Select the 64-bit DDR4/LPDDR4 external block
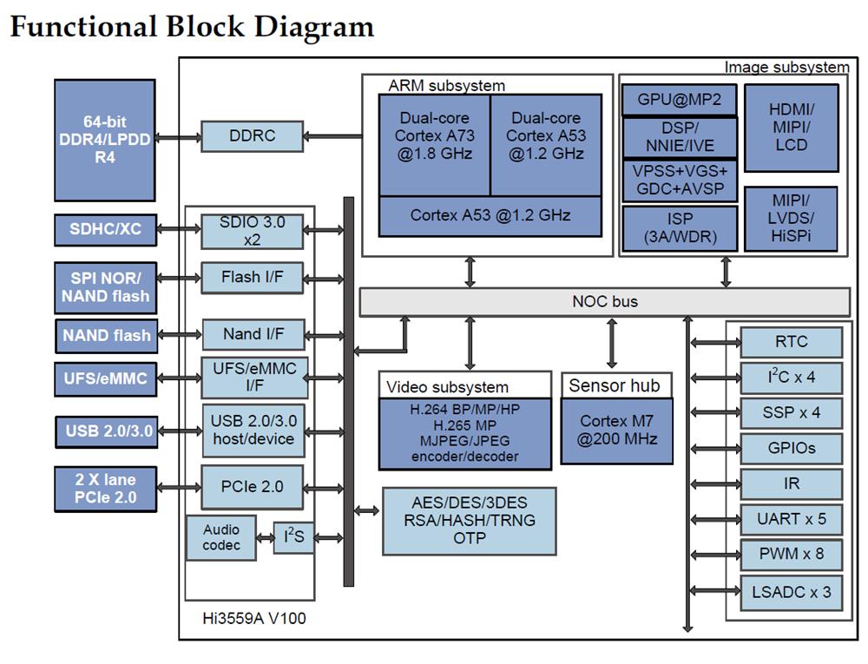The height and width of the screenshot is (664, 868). click(x=104, y=141)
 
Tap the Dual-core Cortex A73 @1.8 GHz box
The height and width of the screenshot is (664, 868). click(x=435, y=136)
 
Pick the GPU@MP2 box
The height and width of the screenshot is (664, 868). click(x=679, y=100)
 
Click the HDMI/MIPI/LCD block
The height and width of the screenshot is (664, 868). click(x=792, y=128)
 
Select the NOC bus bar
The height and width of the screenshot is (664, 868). click(x=604, y=302)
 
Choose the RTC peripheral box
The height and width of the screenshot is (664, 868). click(x=791, y=342)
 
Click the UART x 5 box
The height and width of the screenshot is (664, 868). click(x=791, y=519)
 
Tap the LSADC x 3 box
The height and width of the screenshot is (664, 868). click(x=791, y=592)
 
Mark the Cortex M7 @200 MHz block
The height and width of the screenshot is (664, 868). click(x=617, y=430)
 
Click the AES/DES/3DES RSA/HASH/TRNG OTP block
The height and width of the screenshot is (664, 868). click(x=470, y=520)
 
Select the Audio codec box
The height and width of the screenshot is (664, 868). click(x=221, y=537)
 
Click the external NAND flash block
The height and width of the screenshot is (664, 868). click(x=106, y=335)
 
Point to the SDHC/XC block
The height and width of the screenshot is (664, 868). click(x=106, y=230)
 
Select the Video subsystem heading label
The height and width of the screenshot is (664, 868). click(x=447, y=386)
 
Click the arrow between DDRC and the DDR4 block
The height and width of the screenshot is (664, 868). click(x=178, y=137)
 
